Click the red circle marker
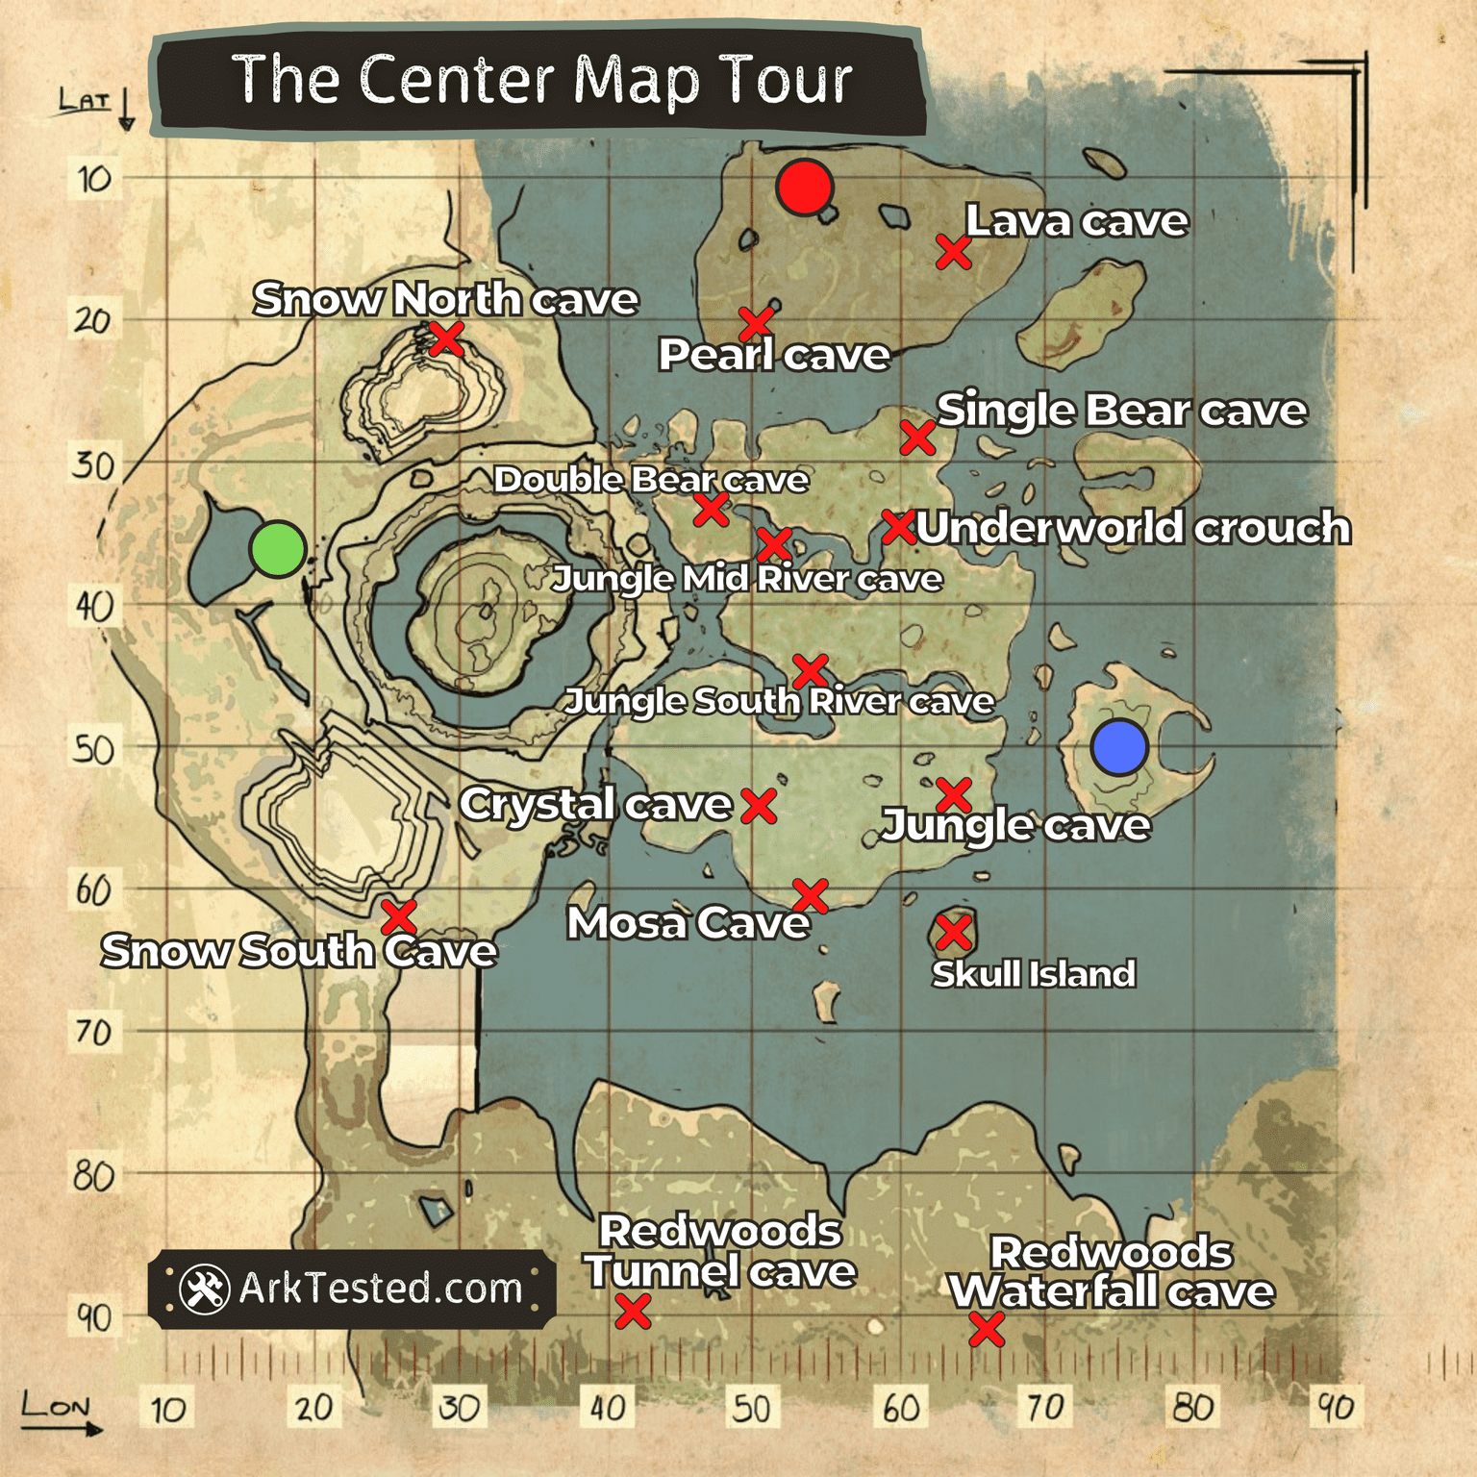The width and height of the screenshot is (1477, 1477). (804, 188)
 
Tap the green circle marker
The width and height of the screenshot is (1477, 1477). (278, 549)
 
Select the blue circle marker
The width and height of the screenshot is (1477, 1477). (1119, 747)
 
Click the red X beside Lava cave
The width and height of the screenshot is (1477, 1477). (953, 253)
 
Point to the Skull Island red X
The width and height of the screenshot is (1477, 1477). (954, 932)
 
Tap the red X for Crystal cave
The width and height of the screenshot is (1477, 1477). (759, 806)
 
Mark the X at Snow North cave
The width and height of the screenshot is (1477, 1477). (446, 338)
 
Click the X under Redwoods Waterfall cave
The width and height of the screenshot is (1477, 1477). (987, 1330)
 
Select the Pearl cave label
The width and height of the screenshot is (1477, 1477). (774, 355)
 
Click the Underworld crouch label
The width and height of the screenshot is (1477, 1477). (1133, 527)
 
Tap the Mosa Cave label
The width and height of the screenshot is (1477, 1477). (688, 923)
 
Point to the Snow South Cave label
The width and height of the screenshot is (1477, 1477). (299, 951)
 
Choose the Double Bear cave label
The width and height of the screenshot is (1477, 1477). (651, 479)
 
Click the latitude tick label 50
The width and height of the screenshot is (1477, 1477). (94, 749)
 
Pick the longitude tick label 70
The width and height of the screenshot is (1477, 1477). (1045, 1408)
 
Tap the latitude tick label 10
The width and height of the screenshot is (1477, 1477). (94, 179)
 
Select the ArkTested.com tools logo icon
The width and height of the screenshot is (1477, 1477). (204, 1289)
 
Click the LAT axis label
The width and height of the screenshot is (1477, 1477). (85, 100)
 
